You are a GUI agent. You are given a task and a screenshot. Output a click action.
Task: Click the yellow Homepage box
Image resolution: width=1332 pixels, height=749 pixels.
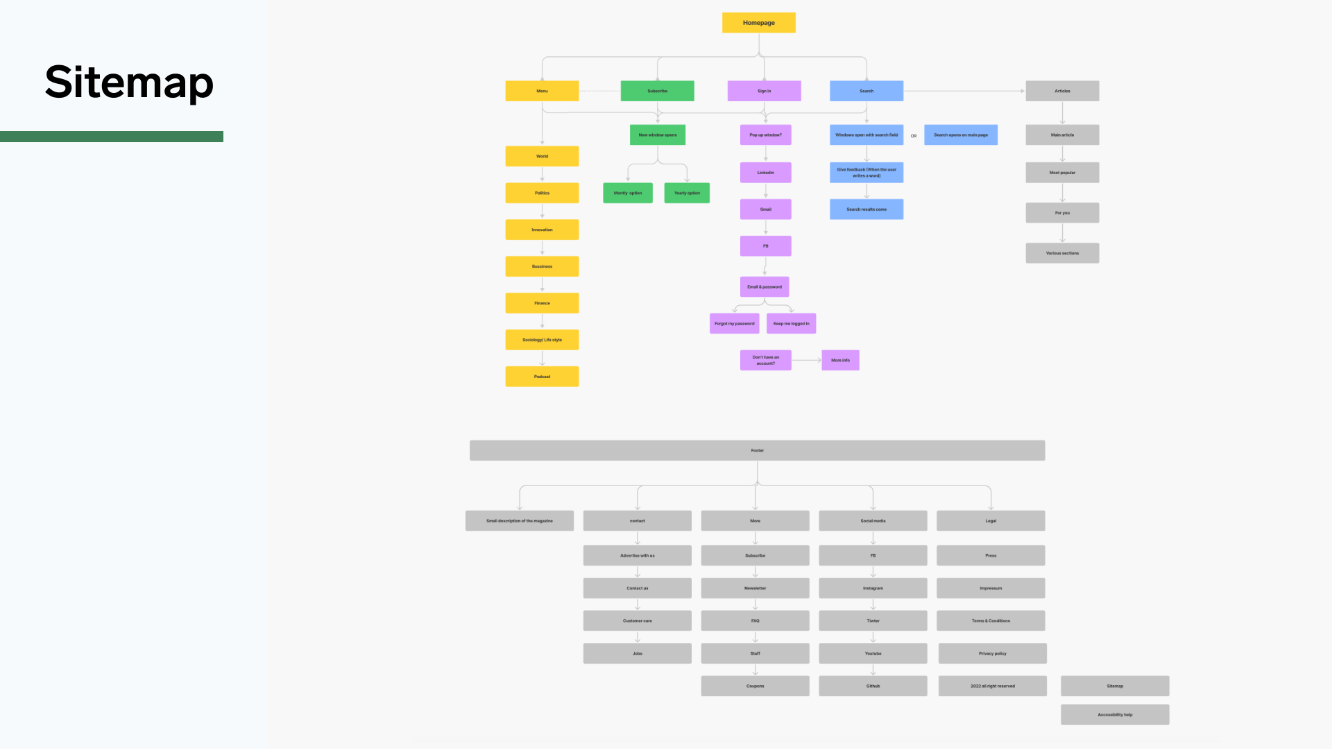pos(758,22)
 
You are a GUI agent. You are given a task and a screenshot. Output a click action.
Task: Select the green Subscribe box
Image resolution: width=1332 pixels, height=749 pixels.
pos(657,91)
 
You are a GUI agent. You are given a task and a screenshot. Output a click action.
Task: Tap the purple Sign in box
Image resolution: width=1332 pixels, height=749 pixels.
pos(764,91)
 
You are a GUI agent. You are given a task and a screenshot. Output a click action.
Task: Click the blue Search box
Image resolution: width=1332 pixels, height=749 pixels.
pos(866,91)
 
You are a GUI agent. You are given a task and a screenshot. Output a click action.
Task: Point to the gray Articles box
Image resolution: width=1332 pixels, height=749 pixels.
pos(1062,91)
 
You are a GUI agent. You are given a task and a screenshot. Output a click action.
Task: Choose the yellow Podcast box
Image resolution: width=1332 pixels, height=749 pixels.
pos(542,377)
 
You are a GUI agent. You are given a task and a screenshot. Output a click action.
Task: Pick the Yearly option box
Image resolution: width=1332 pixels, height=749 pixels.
pos(687,193)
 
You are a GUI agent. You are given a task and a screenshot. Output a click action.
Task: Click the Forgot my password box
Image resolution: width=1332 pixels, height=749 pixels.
pos(734,323)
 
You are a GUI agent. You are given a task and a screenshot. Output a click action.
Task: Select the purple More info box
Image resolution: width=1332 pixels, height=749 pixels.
pos(840,360)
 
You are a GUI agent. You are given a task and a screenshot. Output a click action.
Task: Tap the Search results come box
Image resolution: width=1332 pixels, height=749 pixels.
pos(866,209)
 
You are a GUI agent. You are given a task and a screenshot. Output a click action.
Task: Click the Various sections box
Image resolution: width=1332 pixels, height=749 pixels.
pos(1062,253)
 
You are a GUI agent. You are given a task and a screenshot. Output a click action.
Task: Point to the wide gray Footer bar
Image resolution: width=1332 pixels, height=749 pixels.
pos(757,450)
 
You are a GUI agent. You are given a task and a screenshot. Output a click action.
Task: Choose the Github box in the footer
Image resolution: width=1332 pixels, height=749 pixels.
pos(873,686)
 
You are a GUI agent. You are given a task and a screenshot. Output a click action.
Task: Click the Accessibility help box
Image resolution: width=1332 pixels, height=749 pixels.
pos(1115,714)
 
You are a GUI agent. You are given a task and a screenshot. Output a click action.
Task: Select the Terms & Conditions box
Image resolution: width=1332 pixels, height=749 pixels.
pos(991,621)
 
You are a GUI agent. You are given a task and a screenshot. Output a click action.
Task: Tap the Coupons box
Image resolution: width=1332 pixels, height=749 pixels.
pos(755,686)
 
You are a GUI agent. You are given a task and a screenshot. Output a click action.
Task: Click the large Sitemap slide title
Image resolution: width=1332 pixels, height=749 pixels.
pos(129,83)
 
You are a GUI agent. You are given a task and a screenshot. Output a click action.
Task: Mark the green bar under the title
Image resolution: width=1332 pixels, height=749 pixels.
pos(112,137)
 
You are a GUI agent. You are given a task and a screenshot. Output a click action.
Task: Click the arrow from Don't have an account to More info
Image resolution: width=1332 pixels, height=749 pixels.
pos(806,360)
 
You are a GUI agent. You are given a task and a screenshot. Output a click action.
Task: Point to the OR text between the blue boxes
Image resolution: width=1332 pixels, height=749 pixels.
pos(914,136)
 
